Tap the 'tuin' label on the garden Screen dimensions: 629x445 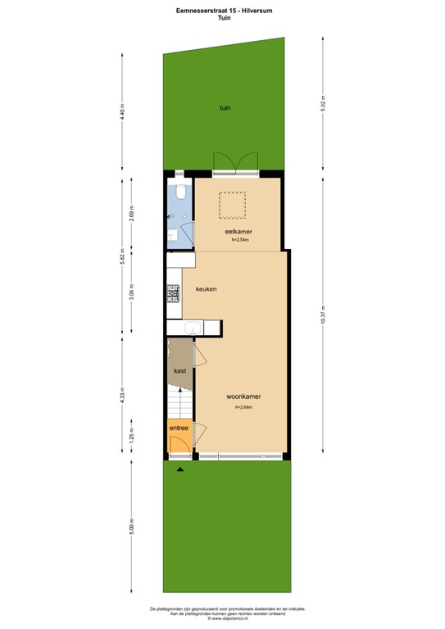(224, 107)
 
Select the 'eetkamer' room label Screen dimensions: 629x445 (238, 232)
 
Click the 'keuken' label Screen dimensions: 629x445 (206, 288)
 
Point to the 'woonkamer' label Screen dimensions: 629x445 (243, 397)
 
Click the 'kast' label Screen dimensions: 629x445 (179, 371)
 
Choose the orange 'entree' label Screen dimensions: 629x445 (179, 428)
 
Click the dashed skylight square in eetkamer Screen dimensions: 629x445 (232, 205)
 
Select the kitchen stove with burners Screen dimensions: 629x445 (173, 292)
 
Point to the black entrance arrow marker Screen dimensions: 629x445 (180, 469)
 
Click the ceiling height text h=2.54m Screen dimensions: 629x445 (240, 241)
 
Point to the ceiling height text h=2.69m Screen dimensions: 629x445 (243, 407)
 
